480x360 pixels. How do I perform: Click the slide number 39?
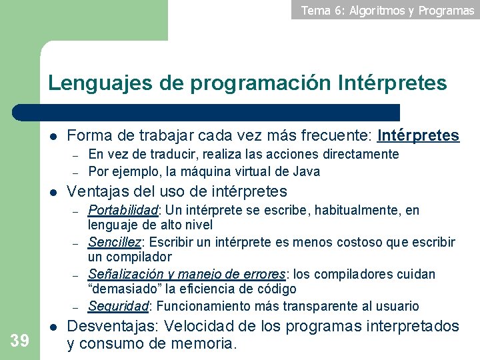pyautogui.click(x=19, y=341)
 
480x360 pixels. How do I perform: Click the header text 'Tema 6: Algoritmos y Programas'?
pyautogui.click(x=387, y=10)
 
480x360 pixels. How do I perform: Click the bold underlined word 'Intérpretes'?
pyautogui.click(x=419, y=136)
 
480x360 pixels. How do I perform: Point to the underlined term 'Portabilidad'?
pyautogui.click(x=123, y=211)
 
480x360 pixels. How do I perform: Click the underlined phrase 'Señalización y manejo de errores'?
pyautogui.click(x=187, y=274)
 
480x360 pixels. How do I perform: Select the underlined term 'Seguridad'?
pyautogui.click(x=118, y=306)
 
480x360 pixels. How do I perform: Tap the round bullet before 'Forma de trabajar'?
pyautogui.click(x=54, y=137)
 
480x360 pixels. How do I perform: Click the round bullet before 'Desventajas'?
pyautogui.click(x=54, y=327)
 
